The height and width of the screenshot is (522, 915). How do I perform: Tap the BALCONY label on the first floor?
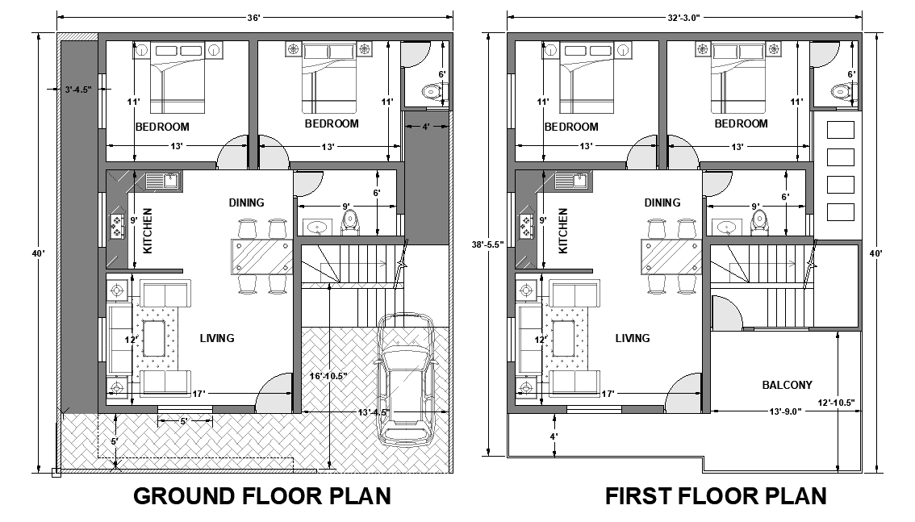tap(787, 385)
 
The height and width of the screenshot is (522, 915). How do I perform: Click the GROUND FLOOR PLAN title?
tap(261, 495)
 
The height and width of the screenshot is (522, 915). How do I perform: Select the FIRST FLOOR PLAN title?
tap(716, 495)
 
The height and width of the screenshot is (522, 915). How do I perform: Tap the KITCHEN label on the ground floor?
tap(148, 232)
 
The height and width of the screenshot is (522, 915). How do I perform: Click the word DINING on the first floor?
tap(662, 203)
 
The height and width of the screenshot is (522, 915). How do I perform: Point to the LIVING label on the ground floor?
tap(217, 338)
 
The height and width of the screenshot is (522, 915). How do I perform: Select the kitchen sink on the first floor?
tap(577, 181)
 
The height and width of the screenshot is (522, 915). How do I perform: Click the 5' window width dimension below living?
tap(184, 420)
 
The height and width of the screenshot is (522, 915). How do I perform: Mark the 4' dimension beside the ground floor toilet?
tap(425, 126)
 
